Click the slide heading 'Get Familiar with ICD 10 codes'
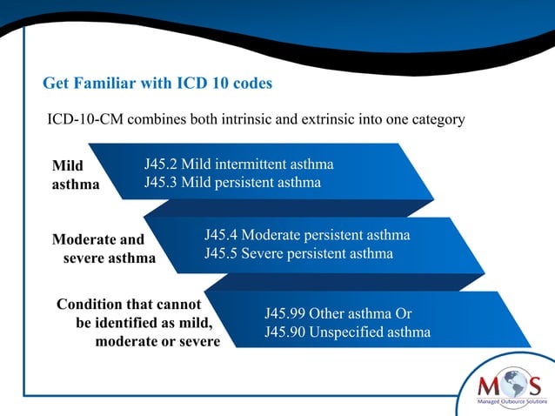pos(157,84)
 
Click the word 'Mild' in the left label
pos(68,165)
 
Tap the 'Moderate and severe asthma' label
pos(104,248)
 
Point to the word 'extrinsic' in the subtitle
pos(332,119)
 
